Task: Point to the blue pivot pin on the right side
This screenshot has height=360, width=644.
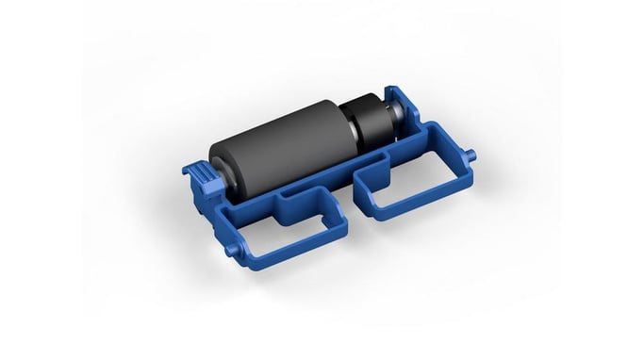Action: tap(471, 153)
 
